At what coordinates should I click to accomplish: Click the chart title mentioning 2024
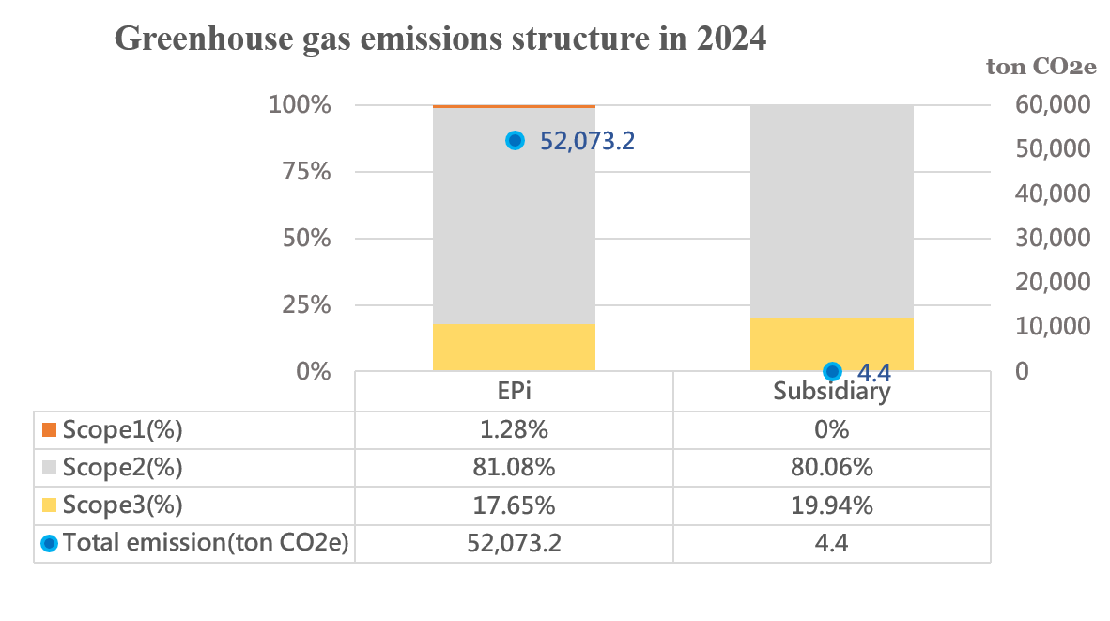439,39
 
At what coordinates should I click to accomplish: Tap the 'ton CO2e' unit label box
1041,67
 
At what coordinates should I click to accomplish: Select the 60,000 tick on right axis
1053,104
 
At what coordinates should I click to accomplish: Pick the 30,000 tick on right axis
1053,238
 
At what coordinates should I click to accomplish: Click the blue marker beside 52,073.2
515,140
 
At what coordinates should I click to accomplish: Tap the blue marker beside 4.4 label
832,371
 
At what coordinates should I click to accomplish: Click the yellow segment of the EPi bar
514,348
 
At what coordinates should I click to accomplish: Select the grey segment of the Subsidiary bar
831,211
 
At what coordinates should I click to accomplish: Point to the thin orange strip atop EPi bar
514,106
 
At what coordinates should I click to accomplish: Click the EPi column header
514,391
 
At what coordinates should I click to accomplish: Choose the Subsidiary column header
831,391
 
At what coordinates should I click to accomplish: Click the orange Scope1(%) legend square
50,430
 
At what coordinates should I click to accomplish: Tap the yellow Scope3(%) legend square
50,505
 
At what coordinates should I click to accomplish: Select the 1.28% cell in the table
514,430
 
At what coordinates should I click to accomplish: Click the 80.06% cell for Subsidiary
831,468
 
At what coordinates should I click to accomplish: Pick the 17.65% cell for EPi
514,505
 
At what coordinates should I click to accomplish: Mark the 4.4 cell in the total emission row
831,543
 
